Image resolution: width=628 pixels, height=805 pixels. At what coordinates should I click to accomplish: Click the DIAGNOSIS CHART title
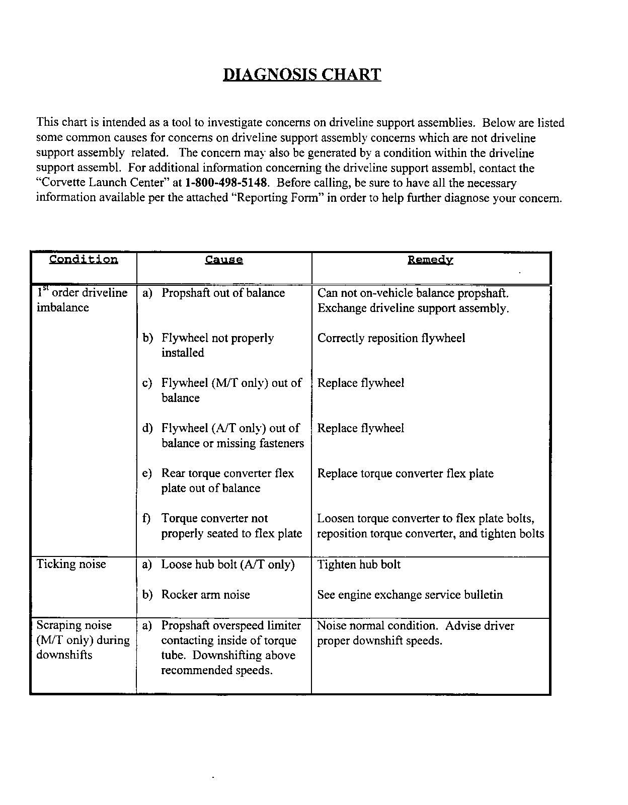(x=302, y=74)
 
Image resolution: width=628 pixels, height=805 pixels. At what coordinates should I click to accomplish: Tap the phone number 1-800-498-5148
(x=225, y=183)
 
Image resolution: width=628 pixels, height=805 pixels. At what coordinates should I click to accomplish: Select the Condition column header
(x=84, y=260)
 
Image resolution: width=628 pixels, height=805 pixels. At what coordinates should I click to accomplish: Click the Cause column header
(x=224, y=260)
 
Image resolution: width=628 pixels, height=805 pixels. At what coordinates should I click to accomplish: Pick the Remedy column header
(x=430, y=260)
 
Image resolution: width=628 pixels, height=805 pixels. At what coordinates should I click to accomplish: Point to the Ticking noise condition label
(x=71, y=564)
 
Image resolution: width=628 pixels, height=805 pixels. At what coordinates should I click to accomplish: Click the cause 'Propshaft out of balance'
(x=223, y=293)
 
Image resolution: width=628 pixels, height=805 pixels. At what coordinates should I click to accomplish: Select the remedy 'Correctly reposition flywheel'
(x=391, y=338)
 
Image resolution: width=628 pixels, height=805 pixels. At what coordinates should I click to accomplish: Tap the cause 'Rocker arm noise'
(x=205, y=595)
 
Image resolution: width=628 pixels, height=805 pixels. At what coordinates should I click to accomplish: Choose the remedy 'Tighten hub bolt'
(x=359, y=565)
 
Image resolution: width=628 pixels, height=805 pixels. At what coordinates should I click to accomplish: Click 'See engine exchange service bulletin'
(x=410, y=595)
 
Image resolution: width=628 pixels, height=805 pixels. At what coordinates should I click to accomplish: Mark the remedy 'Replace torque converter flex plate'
(x=405, y=473)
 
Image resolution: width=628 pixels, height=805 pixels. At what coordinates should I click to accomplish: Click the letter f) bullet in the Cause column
(x=146, y=519)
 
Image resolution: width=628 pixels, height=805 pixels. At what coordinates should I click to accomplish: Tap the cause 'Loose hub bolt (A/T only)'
(x=227, y=565)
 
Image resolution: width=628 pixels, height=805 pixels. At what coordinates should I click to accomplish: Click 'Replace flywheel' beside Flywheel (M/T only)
(x=360, y=383)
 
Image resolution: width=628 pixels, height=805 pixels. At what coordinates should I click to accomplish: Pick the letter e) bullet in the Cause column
(x=147, y=473)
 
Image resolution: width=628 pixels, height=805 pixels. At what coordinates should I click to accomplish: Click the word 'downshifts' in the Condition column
(x=64, y=655)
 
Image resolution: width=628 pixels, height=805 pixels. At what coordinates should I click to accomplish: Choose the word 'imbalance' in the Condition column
(x=62, y=307)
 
